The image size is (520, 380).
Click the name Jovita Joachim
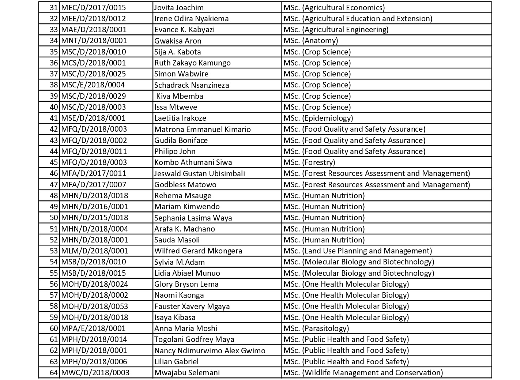click(x=179, y=8)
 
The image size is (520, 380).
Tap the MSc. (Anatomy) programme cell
click(x=310, y=41)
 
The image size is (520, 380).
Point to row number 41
click(x=54, y=118)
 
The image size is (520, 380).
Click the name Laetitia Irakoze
click(x=180, y=118)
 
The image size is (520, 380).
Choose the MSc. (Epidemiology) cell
click(x=318, y=118)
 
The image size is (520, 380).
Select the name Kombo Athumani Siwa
click(x=193, y=162)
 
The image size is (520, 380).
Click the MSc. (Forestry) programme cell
click(x=309, y=162)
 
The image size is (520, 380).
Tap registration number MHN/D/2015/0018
click(x=94, y=218)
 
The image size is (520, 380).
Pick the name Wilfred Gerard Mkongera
click(x=198, y=251)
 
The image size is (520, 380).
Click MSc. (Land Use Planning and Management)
click(x=358, y=251)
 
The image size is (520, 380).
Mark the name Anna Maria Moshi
click(x=186, y=328)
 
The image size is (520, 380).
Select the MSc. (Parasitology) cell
click(x=316, y=328)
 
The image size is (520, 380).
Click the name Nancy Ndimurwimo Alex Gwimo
click(x=210, y=350)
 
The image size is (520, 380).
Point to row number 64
click(x=54, y=373)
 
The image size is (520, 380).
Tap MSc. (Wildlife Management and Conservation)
click(x=363, y=373)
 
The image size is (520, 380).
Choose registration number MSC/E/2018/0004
click(x=93, y=85)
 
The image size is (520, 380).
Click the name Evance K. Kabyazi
click(x=184, y=30)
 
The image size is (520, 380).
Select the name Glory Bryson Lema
click(x=186, y=284)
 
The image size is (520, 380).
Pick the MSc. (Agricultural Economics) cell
click(x=334, y=8)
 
